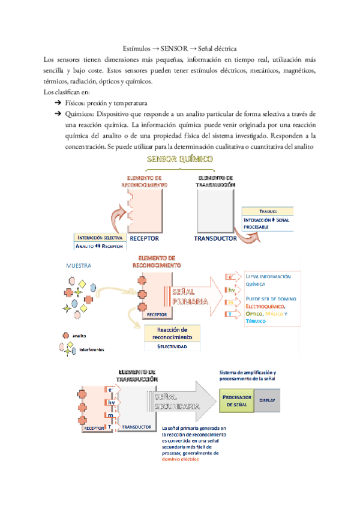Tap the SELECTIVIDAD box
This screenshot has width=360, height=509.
(x=172, y=347)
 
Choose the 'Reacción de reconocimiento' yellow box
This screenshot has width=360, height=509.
(x=172, y=334)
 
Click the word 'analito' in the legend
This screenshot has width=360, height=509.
(x=81, y=336)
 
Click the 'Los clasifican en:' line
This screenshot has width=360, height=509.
(x=67, y=92)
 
